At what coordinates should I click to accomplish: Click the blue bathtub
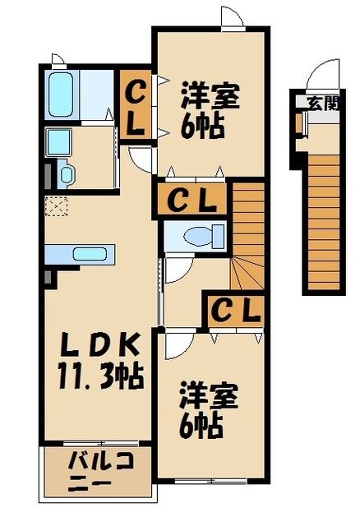tap(61, 95)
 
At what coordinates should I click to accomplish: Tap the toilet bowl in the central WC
tap(198, 236)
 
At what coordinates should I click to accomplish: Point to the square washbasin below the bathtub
tap(58, 142)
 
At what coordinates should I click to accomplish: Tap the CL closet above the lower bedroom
tap(236, 310)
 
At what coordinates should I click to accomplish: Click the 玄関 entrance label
tap(322, 103)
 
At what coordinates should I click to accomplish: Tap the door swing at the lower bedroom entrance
tap(178, 345)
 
